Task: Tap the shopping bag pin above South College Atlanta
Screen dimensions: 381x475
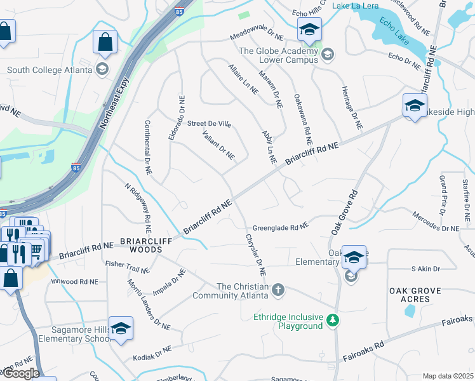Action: tap(105, 43)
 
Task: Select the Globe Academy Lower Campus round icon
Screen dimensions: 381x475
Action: tap(328, 55)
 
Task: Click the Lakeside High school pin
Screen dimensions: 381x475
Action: tap(414, 106)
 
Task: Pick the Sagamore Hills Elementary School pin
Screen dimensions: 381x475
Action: tap(120, 329)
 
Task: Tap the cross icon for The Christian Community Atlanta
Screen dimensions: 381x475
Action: tap(278, 290)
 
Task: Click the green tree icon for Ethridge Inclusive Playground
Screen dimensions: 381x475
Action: tap(333, 321)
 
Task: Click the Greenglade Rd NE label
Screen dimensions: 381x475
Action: tap(280, 226)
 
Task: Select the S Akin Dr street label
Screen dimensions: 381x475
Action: tap(425, 269)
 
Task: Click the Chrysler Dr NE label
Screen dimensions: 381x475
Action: tap(254, 255)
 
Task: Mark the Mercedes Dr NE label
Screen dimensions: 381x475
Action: tap(436, 228)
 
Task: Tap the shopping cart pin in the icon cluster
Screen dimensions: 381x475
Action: tap(36, 250)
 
